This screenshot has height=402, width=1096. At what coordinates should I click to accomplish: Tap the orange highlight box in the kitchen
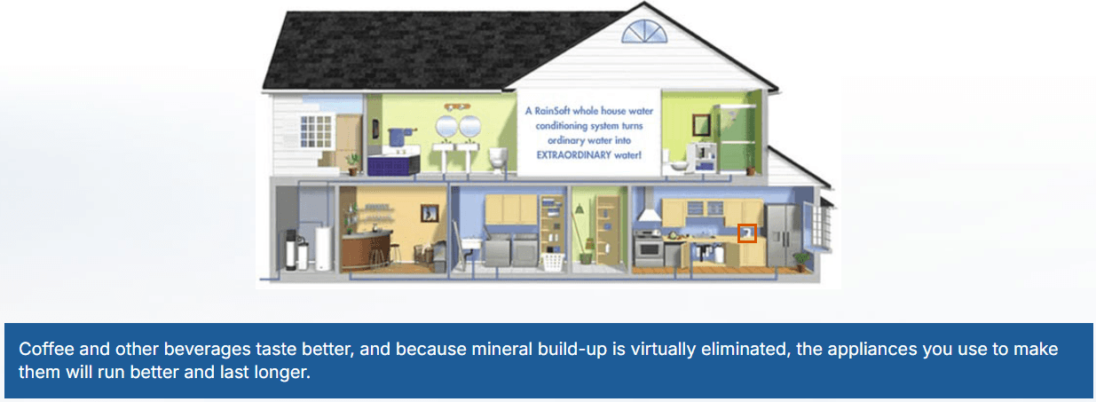coord(747,233)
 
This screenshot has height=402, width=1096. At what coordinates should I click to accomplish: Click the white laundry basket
coord(552,260)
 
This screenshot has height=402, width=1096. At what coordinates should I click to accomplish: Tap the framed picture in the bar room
coord(430,213)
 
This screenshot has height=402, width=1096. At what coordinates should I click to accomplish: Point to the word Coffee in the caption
coord(43,349)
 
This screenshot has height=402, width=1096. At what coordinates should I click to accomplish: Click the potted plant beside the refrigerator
coord(801,260)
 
